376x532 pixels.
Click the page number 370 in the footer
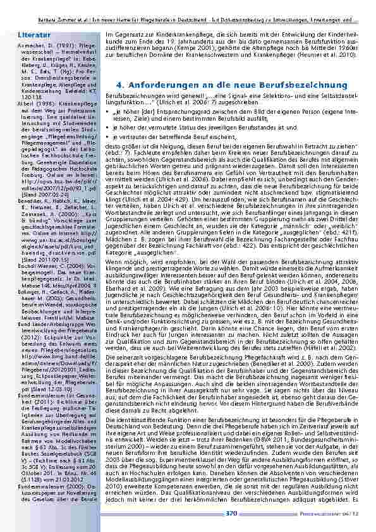pos(231,512)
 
